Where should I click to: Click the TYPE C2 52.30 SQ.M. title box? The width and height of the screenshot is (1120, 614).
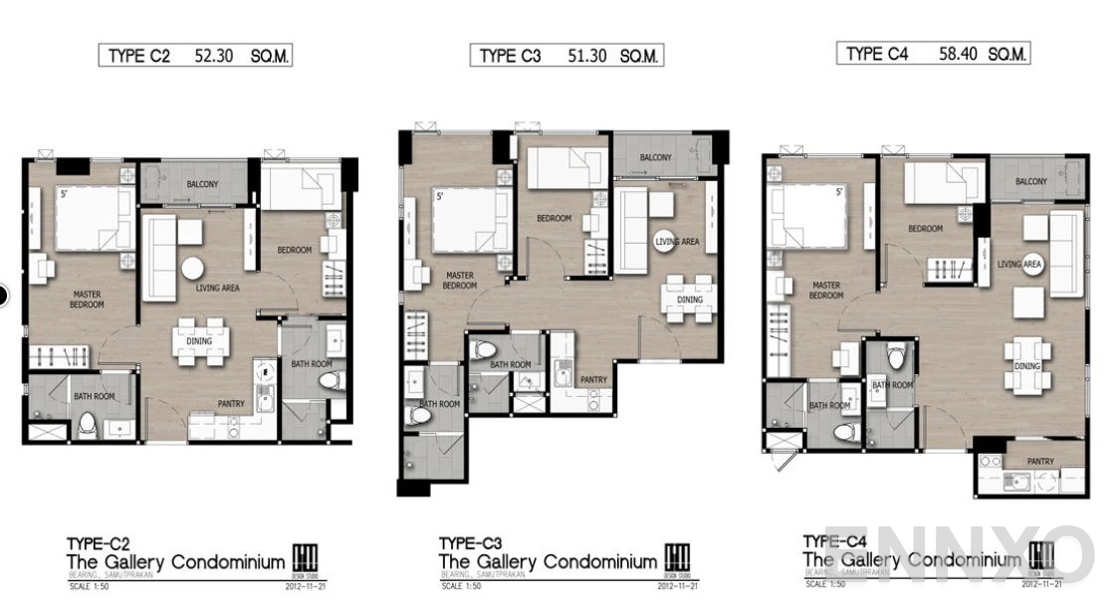point(195,57)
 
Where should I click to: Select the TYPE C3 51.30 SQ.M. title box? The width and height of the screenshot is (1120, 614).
point(566,56)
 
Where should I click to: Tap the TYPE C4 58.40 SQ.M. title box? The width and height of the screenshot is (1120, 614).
point(933,54)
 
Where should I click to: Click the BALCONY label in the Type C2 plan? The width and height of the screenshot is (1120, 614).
point(203,185)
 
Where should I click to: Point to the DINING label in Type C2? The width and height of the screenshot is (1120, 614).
point(199,341)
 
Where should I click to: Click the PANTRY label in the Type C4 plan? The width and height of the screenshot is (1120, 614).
point(1040,462)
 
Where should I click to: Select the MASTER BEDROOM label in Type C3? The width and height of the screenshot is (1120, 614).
point(459,280)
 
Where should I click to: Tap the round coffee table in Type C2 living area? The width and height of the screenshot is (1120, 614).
point(192,269)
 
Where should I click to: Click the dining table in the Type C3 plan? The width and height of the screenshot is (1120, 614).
point(689,299)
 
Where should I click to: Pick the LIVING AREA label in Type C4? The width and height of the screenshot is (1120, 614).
point(1019,264)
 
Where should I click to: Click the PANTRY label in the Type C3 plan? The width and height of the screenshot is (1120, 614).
point(593,379)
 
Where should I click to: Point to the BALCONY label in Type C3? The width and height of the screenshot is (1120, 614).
point(655,158)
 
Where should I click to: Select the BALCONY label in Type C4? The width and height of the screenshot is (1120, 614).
point(1030,182)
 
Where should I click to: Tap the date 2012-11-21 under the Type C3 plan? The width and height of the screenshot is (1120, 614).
point(677,586)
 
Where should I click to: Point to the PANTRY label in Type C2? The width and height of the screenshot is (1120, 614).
point(231,403)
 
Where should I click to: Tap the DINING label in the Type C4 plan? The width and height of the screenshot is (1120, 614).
point(1026,366)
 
